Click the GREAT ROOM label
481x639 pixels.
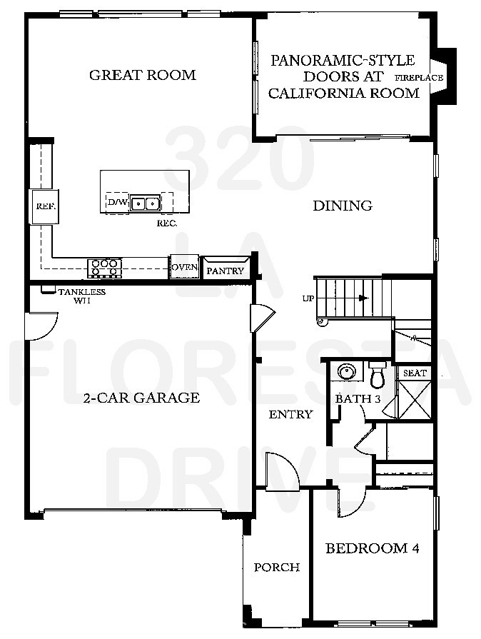[142, 75]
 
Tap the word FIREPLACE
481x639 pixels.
[419, 78]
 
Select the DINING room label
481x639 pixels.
[343, 206]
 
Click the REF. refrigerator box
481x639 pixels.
[40, 208]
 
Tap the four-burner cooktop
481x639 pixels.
[104, 268]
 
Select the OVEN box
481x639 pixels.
[183, 268]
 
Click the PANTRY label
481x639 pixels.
[225, 271]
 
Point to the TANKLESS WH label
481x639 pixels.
[81, 296]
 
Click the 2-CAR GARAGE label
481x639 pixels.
[141, 398]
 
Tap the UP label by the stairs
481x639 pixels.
[308, 298]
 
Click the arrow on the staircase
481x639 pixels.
[363, 298]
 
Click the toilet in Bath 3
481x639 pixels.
[377, 373]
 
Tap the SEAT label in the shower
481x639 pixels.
[415, 373]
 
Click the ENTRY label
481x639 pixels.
[290, 414]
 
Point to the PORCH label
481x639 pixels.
[276, 568]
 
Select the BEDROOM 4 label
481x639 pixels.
[372, 548]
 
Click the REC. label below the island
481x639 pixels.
[166, 223]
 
